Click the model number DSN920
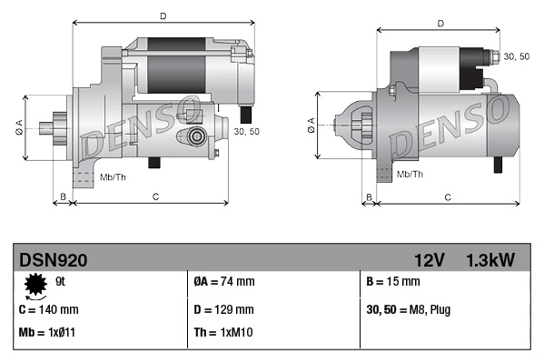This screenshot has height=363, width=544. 54,260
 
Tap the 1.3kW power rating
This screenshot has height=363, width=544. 490,260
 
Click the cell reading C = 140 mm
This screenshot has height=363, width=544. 49,309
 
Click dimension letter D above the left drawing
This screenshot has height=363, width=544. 163,15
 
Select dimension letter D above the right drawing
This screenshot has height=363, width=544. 440,24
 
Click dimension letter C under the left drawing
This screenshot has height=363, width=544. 155,196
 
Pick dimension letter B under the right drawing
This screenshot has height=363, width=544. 369,197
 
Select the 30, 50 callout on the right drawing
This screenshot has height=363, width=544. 517,56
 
